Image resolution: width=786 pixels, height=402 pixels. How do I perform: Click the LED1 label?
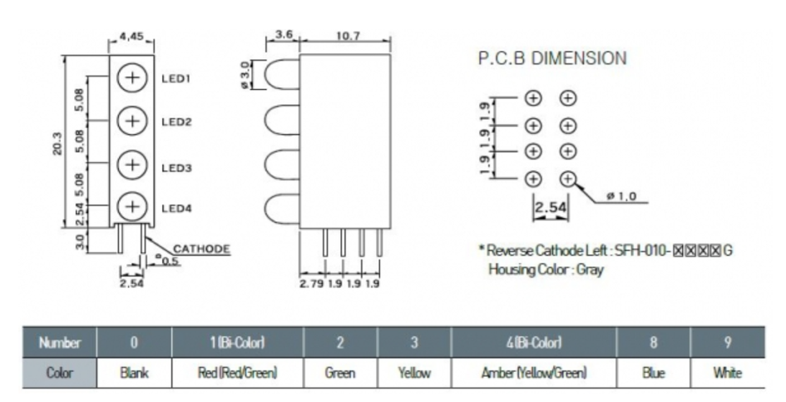(x=176, y=79)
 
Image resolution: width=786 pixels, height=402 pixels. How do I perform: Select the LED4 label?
(x=176, y=208)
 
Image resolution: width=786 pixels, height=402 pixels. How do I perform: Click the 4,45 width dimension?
(x=131, y=37)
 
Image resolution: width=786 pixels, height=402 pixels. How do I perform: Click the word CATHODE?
(x=201, y=248)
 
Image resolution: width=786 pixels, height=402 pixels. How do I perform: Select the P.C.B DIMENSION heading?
(x=551, y=59)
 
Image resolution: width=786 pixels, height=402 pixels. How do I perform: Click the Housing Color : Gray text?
(x=546, y=270)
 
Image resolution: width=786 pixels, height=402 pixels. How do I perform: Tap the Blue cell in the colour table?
(x=654, y=374)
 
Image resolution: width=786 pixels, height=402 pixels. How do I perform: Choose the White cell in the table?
(x=727, y=374)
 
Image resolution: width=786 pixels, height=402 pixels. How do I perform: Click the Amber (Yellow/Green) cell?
(x=532, y=374)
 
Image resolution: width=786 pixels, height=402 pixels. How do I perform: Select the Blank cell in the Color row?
(x=134, y=374)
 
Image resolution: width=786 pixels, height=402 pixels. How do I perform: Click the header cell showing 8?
(x=654, y=343)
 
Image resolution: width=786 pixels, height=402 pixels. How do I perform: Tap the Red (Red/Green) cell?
(x=236, y=374)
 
